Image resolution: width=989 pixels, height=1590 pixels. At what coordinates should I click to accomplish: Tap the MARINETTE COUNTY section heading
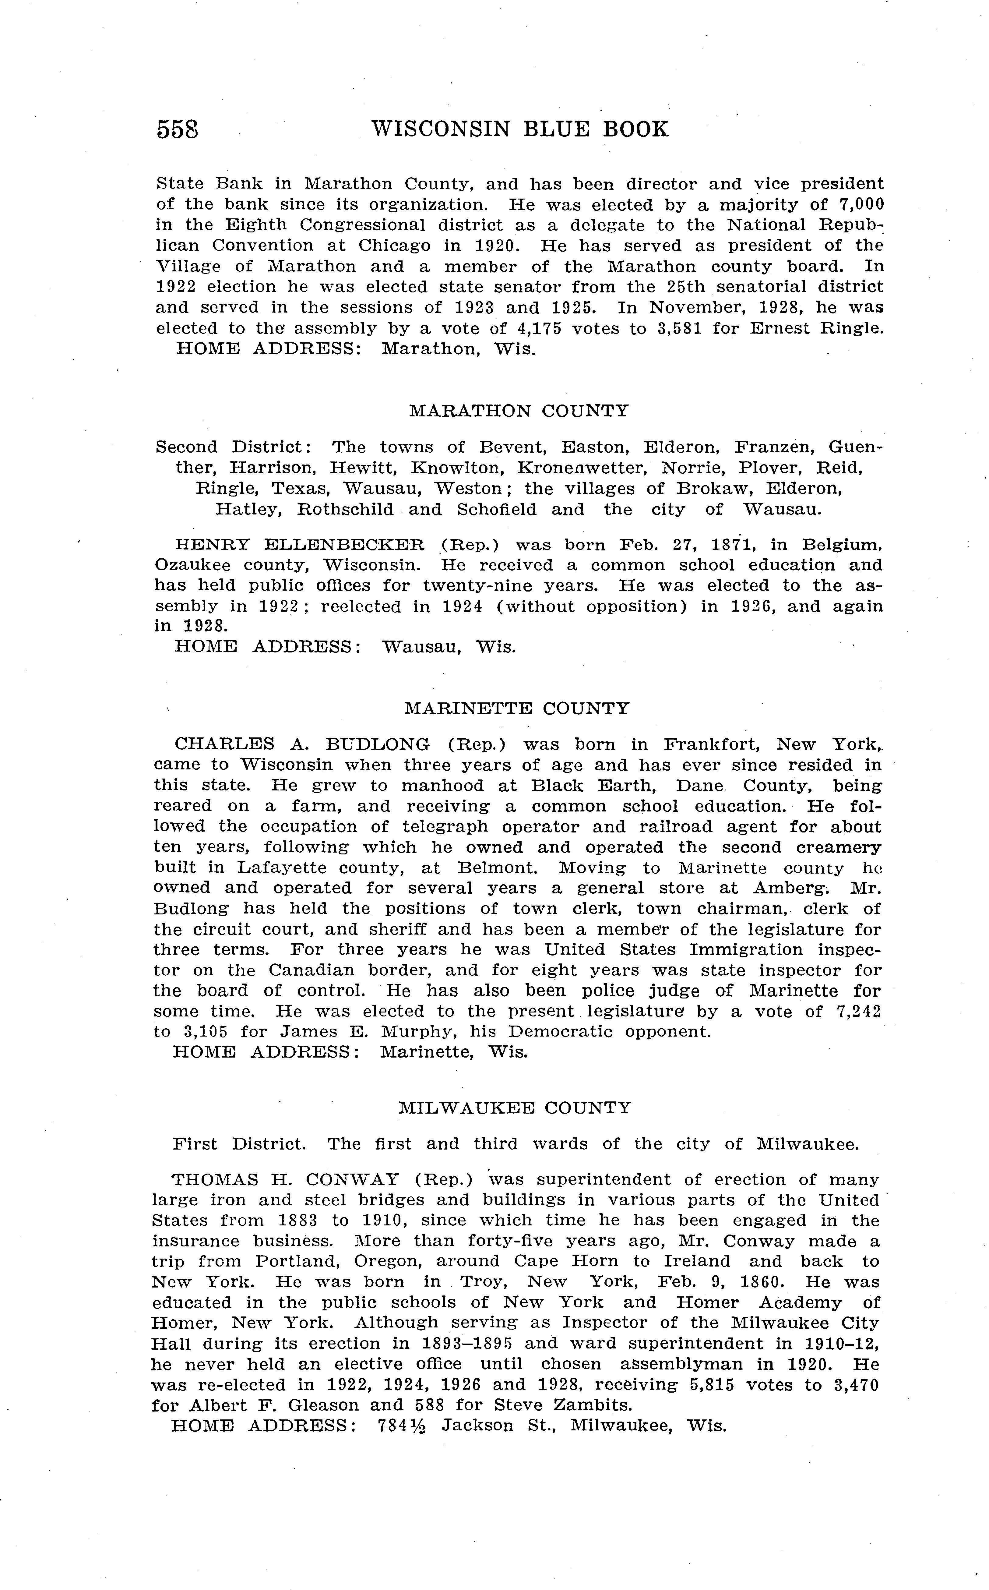(x=517, y=708)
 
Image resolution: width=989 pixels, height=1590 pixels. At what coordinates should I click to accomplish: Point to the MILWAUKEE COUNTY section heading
(x=515, y=1108)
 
